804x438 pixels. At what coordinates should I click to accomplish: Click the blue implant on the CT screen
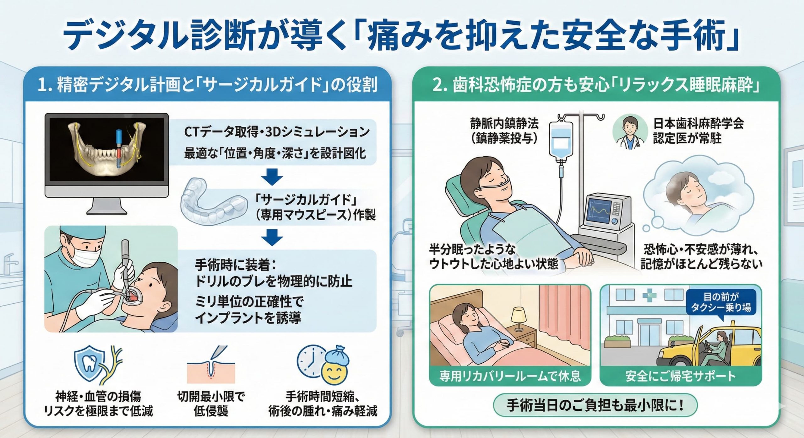(119, 141)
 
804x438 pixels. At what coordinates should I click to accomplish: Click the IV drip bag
(561, 140)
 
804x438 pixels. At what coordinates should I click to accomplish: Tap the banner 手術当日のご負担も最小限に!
(595, 405)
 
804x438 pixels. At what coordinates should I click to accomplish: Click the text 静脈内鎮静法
(504, 124)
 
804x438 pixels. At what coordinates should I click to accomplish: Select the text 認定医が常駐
(687, 138)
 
